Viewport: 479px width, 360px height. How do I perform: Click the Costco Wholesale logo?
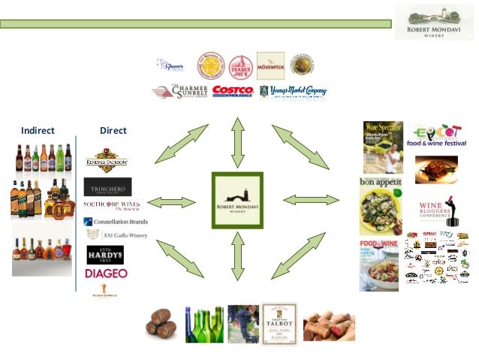point(233,91)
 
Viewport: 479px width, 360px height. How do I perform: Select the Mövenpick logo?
point(270,66)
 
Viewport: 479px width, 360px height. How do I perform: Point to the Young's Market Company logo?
point(293,92)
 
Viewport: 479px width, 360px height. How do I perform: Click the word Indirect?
point(38,130)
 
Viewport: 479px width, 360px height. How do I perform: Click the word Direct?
point(113,130)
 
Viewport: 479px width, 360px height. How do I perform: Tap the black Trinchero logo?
point(107,186)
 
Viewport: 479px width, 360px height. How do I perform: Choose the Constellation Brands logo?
point(116,222)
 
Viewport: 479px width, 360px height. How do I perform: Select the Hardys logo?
point(104,254)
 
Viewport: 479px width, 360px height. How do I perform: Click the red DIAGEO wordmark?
point(106,274)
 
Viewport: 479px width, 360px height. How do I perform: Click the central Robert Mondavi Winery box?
point(237,201)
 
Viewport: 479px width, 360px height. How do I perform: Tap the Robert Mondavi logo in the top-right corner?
point(435,23)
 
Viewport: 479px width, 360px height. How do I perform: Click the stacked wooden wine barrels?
point(161,321)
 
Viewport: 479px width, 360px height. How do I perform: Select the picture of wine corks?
point(329,325)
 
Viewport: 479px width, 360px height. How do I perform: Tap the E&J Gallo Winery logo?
point(116,235)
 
